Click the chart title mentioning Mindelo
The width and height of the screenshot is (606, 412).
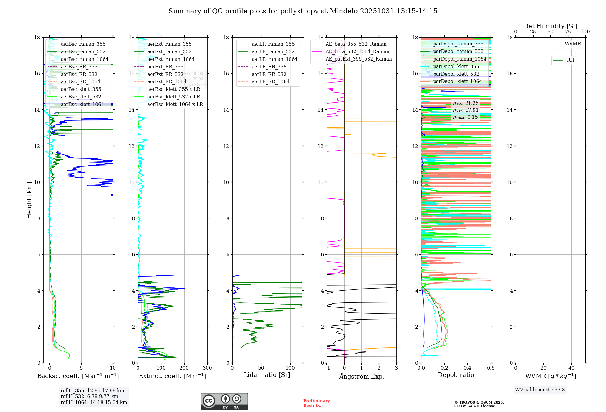[x=303, y=11]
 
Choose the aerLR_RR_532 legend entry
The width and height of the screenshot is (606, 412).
[x=269, y=74]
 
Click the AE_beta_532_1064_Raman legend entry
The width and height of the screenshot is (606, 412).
[x=357, y=52]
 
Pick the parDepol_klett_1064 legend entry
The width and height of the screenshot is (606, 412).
[x=457, y=81]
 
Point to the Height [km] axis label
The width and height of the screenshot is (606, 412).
[x=29, y=200]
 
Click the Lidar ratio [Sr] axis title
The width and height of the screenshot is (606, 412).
[x=267, y=375]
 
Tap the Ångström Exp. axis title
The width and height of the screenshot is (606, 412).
[x=361, y=377]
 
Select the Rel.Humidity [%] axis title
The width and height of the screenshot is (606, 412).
[x=550, y=26]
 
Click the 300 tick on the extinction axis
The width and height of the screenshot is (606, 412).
[x=207, y=368]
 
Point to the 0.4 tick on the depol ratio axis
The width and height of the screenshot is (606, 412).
[x=468, y=368]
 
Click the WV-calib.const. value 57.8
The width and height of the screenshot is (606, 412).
[x=540, y=390]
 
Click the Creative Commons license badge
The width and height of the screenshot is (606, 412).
[x=224, y=401]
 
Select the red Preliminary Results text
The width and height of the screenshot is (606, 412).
[x=316, y=403]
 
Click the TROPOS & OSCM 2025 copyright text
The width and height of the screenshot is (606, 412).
[x=479, y=403]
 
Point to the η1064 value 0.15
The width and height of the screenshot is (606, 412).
[x=465, y=117]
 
